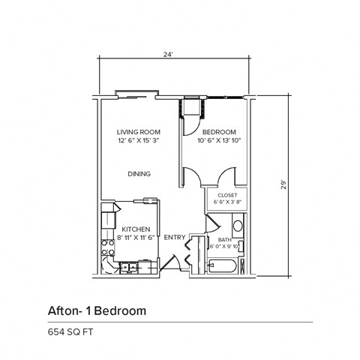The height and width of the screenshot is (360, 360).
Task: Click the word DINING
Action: point(139,174)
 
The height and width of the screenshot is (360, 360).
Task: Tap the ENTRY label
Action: point(175,238)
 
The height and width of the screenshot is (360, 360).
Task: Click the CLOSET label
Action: point(227,194)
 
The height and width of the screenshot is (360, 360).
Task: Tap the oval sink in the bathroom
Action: point(237,224)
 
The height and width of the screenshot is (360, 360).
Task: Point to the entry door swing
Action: point(172,262)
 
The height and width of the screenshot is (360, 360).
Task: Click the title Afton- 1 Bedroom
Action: point(97,309)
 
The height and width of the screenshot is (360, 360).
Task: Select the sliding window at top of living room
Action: point(136,95)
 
